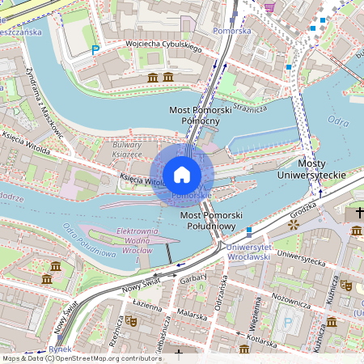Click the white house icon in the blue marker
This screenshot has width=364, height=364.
click(182, 175)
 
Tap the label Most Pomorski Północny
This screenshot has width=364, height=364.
click(198, 115)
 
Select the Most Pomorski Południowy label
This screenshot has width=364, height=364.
click(212, 222)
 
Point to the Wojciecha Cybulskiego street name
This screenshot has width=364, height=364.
click(163, 45)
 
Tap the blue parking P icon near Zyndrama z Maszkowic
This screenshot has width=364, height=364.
click(95, 49)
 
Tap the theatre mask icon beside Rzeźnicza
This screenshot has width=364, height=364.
click(132, 320)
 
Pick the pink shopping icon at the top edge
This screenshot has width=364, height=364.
click(269, 7)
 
